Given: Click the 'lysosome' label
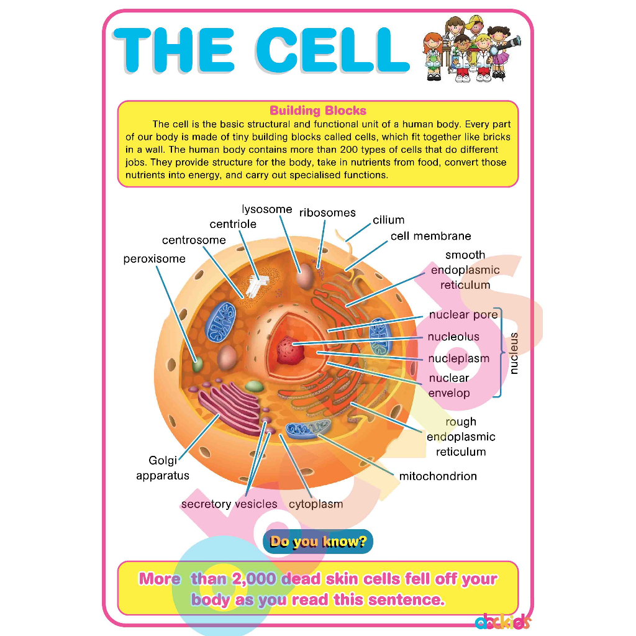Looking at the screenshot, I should pyautogui.click(x=267, y=209).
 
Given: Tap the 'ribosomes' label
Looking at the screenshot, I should pyautogui.click(x=327, y=212).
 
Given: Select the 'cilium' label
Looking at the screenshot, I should pyautogui.click(x=389, y=220).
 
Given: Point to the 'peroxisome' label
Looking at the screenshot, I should pyautogui.click(x=154, y=258).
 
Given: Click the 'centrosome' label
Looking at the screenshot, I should pyautogui.click(x=194, y=240).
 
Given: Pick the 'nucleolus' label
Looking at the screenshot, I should pyautogui.click(x=453, y=337).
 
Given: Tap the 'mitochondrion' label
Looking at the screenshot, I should pyautogui.click(x=438, y=476).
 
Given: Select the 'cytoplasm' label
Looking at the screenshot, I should pyautogui.click(x=316, y=504).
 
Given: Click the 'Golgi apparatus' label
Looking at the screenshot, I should pyautogui.click(x=163, y=468).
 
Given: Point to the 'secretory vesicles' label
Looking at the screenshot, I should pyautogui.click(x=229, y=504).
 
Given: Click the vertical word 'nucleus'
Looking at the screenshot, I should pyautogui.click(x=513, y=353).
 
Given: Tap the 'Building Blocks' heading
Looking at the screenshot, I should pyautogui.click(x=318, y=111).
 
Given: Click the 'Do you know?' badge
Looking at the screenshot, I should pyautogui.click(x=318, y=542).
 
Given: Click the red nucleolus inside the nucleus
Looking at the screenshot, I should pyautogui.click(x=288, y=348).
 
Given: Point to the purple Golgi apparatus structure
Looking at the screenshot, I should pyautogui.click(x=230, y=407).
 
